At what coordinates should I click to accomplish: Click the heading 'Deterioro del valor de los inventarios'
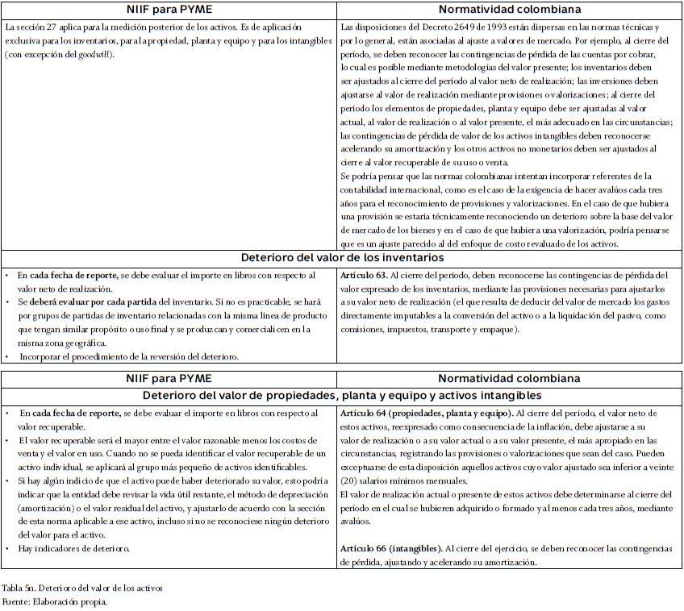(x=343, y=258)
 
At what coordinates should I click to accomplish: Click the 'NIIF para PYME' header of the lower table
(x=171, y=378)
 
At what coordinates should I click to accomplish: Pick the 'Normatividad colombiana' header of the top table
(x=510, y=10)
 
